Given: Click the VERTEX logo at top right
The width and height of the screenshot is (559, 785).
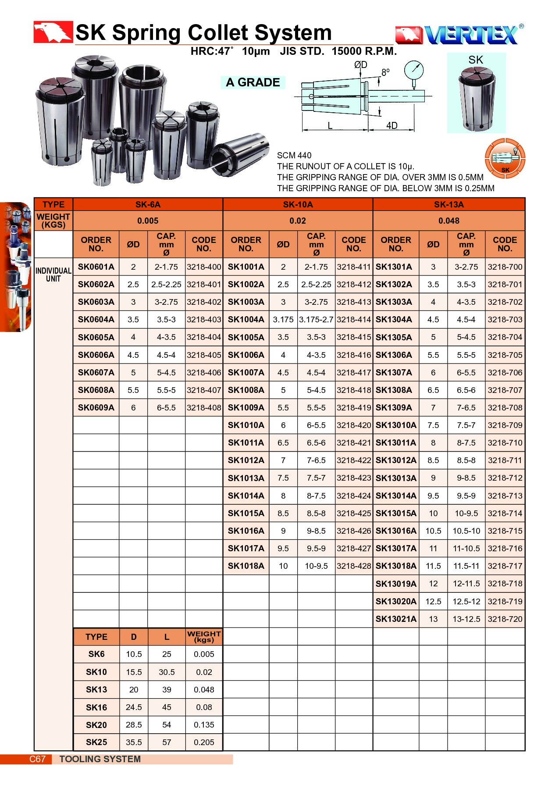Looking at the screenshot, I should [x=459, y=35].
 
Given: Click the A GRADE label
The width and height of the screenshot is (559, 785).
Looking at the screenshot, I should [x=253, y=82].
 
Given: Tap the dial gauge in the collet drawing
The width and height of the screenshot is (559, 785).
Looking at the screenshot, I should [x=414, y=70].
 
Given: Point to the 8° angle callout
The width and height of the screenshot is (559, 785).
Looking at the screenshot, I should [x=385, y=72].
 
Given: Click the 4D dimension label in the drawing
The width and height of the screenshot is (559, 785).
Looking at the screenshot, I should [x=392, y=125].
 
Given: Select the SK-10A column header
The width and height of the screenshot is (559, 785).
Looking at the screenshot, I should [x=298, y=204].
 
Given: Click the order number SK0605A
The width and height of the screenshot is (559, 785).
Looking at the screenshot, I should [x=96, y=337].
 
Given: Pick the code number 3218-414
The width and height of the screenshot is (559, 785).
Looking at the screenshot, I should [x=354, y=320].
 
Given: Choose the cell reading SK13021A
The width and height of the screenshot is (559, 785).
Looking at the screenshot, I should [x=396, y=619].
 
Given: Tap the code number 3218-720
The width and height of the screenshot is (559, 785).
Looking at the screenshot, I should [x=505, y=619].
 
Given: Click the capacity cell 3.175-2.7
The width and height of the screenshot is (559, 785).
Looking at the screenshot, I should [x=316, y=320].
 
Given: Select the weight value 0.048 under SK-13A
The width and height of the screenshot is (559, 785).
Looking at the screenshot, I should [x=449, y=221].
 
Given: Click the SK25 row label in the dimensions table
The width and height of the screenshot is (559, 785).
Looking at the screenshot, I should [x=96, y=742].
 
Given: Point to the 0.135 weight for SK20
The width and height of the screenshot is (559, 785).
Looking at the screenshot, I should [x=204, y=724].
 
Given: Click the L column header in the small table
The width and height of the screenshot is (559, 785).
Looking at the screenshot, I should [x=167, y=637].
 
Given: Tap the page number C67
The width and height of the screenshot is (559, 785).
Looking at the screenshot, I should [x=37, y=759].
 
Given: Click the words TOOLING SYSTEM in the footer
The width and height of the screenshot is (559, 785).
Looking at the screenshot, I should [x=100, y=759].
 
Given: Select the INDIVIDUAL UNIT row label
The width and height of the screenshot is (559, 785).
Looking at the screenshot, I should [x=53, y=275].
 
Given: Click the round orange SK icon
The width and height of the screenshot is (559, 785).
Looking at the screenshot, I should [x=505, y=158].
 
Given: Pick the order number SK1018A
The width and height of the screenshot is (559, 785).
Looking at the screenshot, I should [x=246, y=566].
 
